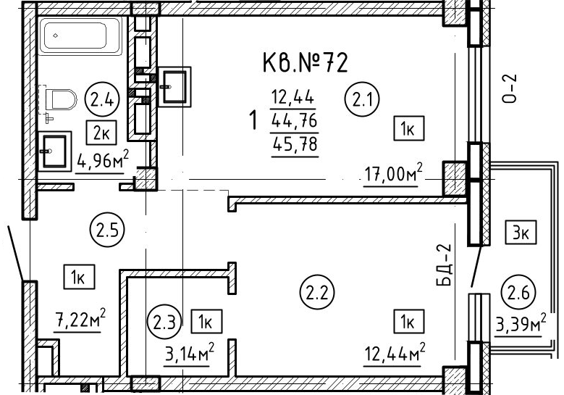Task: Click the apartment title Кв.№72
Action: tap(306, 62)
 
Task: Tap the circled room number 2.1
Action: tap(362, 99)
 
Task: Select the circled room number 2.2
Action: tap(317, 293)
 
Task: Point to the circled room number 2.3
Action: tap(164, 322)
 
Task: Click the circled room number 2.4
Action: tap(102, 99)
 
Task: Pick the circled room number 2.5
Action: tap(107, 229)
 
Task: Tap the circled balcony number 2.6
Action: tap(518, 292)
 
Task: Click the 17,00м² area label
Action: tap(393, 174)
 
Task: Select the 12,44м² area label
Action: tap(395, 353)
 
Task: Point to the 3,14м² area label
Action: tap(190, 354)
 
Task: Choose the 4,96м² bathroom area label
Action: tap(103, 161)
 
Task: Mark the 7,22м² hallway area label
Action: tap(80, 319)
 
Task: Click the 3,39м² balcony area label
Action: tap(521, 325)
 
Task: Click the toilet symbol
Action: tap(59, 100)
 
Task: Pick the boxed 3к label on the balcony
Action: tap(521, 232)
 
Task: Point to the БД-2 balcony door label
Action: tap(443, 265)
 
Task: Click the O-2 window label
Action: tap(509, 88)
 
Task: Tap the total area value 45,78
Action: tap(295, 144)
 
